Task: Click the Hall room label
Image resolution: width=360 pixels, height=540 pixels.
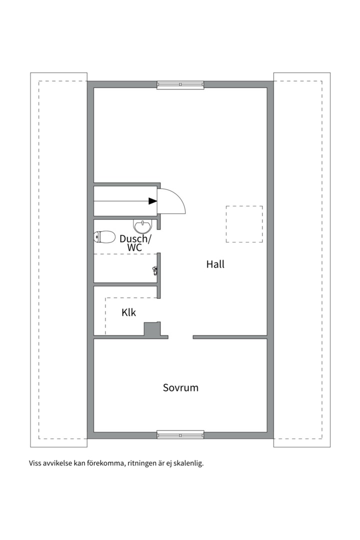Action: [x=215, y=264]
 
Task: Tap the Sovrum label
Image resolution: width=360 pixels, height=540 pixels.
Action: [x=180, y=387]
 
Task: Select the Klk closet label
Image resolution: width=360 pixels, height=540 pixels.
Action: [x=128, y=313]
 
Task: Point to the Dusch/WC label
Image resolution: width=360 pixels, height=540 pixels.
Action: [x=134, y=243]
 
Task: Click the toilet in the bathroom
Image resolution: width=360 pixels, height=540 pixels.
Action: [x=104, y=236]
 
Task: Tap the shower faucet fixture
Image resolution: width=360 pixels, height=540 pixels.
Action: [x=155, y=270]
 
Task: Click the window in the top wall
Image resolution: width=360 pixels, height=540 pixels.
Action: [x=180, y=84]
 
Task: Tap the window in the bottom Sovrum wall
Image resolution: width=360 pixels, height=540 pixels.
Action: [x=180, y=434]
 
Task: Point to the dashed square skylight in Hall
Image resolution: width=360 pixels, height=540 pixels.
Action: [x=244, y=224]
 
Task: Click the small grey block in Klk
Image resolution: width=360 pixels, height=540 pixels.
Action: [x=151, y=329]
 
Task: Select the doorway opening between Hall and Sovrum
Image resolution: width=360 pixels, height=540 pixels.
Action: [x=180, y=337]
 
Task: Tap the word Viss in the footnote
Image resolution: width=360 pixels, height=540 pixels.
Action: [x=35, y=463]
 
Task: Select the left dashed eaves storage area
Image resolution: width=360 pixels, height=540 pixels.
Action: [x=59, y=259]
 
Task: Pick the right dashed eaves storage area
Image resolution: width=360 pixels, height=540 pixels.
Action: [x=301, y=259]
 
